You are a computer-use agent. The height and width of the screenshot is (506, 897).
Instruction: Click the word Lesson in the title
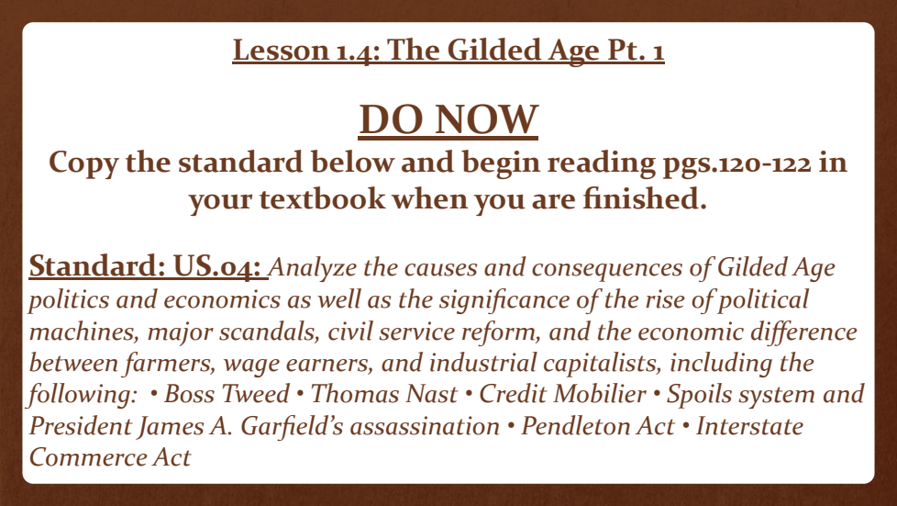(x=281, y=50)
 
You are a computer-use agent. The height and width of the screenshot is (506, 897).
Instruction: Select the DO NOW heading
(x=448, y=119)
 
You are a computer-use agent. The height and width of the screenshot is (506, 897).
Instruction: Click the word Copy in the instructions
(x=83, y=163)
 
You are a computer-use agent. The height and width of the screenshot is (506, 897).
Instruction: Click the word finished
(x=645, y=199)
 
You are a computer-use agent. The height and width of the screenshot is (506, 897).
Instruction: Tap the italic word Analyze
(x=313, y=267)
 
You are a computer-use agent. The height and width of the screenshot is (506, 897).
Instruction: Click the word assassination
(x=425, y=426)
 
